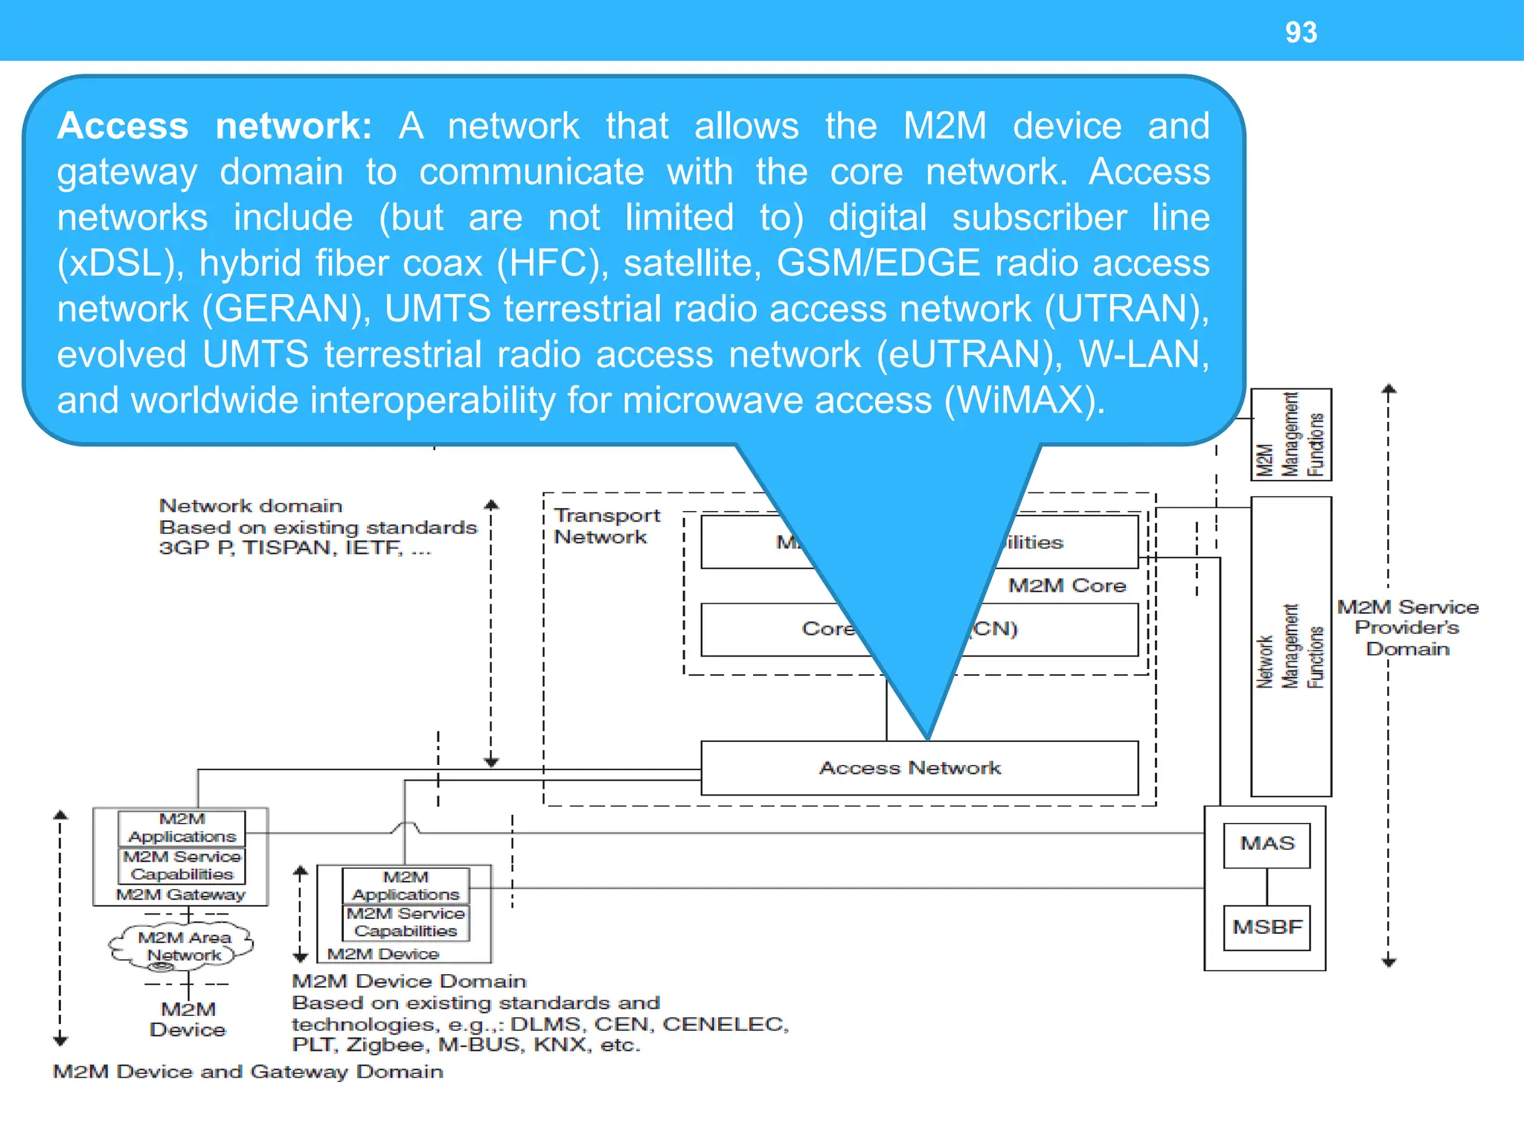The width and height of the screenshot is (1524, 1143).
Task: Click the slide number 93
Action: tap(1301, 32)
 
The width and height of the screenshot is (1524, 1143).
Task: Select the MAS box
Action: tap(1267, 844)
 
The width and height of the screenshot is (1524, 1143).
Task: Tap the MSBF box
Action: tap(1267, 927)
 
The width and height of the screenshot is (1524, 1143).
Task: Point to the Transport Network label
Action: tap(606, 526)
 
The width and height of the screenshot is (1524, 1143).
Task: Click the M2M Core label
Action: tap(1066, 586)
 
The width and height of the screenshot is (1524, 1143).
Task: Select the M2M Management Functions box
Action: tap(1290, 435)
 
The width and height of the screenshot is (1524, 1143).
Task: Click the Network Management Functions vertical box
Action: tap(1290, 647)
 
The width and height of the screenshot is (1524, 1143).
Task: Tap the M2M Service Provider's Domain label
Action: tap(1406, 627)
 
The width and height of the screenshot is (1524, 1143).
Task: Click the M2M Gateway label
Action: tap(180, 894)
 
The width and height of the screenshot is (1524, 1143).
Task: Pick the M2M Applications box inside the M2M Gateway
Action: tap(182, 827)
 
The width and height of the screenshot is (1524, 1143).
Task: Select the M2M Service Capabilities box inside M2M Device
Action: tap(406, 922)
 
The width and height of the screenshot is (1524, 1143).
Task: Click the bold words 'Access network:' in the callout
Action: tap(214, 125)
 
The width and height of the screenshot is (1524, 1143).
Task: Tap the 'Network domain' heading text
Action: tap(250, 506)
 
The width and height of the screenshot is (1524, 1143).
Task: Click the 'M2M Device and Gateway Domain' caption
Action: tap(248, 1072)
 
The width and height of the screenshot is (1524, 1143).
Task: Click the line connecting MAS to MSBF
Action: tap(1267, 886)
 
